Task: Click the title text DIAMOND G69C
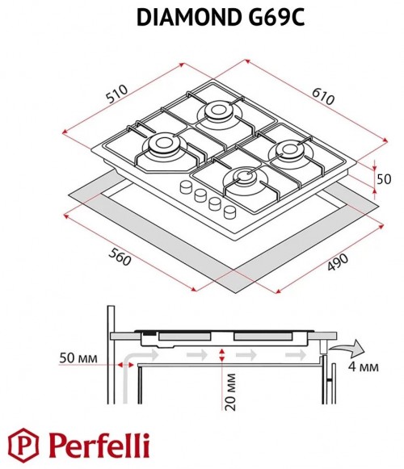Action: click(x=221, y=17)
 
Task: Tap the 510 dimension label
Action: click(x=117, y=94)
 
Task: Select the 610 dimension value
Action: click(x=323, y=96)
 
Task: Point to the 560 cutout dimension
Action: click(x=120, y=257)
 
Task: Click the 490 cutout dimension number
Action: click(x=338, y=262)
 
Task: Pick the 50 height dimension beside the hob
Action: click(x=384, y=179)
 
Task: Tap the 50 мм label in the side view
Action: click(x=78, y=358)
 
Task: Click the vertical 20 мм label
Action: click(x=229, y=392)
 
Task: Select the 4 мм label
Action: click(x=363, y=366)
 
